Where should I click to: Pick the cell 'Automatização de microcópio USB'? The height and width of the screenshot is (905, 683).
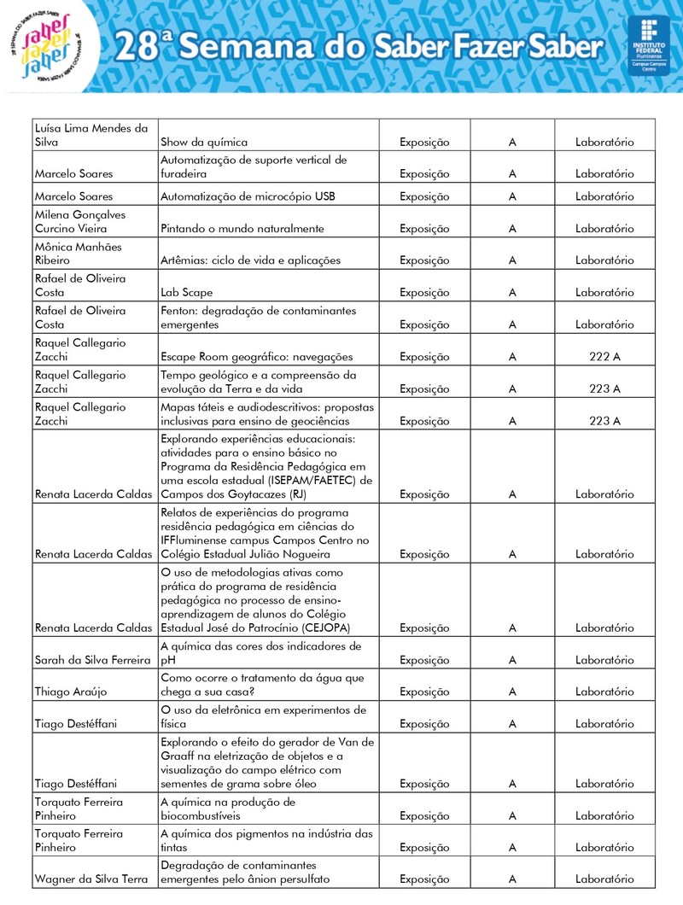click(248, 197)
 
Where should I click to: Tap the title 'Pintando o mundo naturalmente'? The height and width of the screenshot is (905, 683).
click(242, 229)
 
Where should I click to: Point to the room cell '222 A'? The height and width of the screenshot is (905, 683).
click(604, 357)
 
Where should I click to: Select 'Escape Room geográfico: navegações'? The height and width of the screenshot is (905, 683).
click(256, 357)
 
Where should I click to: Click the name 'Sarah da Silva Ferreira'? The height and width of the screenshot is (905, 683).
click(93, 660)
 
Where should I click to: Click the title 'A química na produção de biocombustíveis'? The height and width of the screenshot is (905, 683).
click(228, 809)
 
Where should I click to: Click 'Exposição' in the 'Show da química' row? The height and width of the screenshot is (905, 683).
click(424, 143)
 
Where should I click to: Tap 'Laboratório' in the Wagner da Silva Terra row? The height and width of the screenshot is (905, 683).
click(604, 879)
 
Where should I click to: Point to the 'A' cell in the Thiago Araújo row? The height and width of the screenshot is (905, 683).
click(512, 692)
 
